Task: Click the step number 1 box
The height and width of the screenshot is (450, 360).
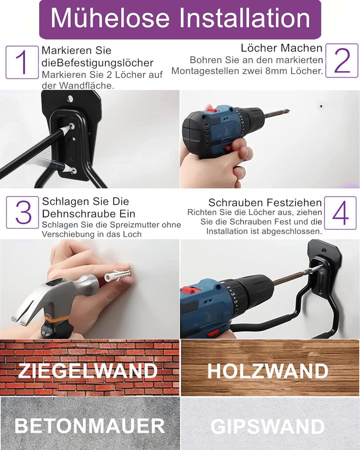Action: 22,62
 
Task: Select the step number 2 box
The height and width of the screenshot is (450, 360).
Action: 342,60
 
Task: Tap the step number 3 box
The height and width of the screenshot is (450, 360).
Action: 22,212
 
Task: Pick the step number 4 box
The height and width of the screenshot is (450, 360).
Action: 340,212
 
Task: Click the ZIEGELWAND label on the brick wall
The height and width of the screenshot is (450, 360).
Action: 87,371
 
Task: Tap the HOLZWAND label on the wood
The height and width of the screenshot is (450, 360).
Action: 267,371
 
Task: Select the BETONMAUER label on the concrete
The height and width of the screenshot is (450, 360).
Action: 89,425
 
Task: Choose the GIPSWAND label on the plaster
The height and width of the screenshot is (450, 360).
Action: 267,426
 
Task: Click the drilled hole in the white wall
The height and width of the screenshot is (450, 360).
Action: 321,106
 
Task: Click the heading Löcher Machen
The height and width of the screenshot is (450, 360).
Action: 281,48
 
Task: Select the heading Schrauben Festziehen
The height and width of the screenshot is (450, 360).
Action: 265,202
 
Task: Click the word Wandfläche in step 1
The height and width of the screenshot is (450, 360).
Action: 86,85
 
